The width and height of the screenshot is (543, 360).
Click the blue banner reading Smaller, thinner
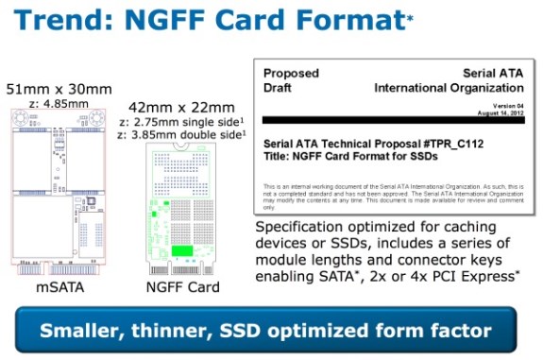click(271, 331)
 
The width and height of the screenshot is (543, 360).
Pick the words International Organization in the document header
click(443, 88)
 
